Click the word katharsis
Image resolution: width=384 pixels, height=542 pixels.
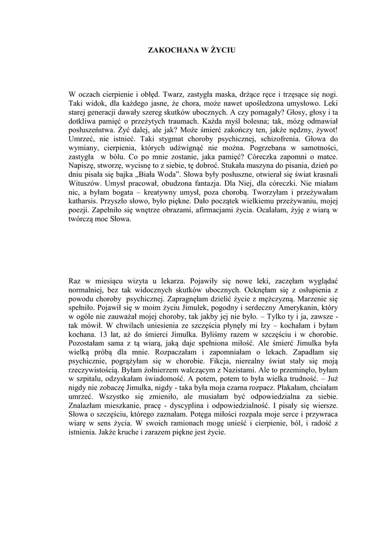[x=85, y=202]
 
